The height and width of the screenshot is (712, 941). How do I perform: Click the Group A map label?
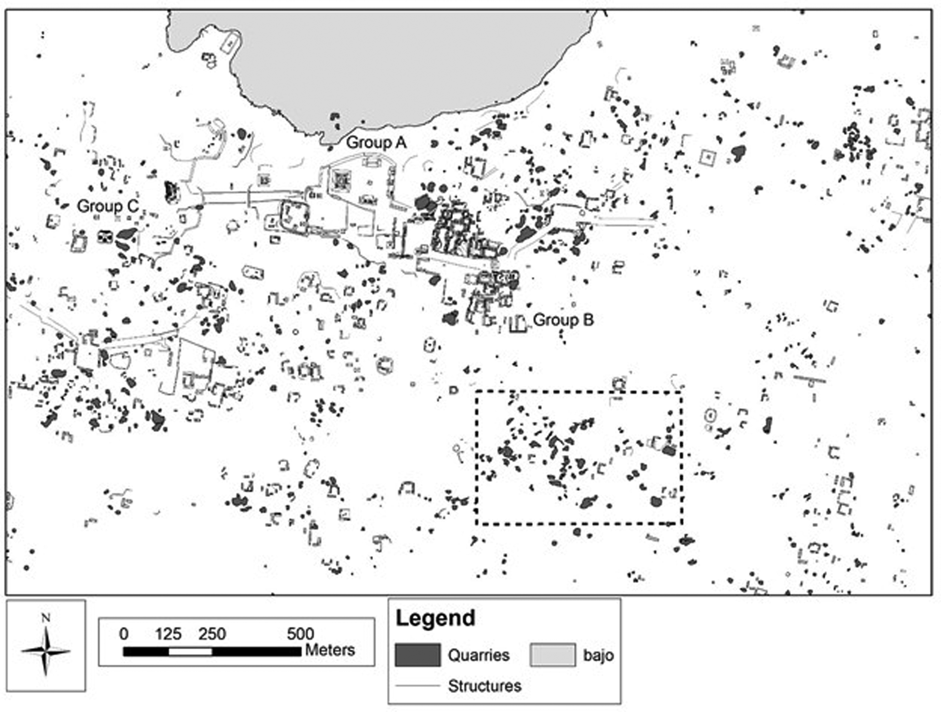[376, 142]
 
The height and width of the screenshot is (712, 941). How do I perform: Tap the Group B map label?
[563, 320]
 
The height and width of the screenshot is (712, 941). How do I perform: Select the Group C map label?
[108, 206]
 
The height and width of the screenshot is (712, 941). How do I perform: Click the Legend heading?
[435, 618]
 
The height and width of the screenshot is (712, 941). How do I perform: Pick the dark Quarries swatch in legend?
[417, 655]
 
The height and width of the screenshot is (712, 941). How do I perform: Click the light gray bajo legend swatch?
[553, 655]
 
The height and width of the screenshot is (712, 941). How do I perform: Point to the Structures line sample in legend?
[417, 686]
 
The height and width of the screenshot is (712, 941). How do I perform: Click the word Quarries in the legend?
[478, 655]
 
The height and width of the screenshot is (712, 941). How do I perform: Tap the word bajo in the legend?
[598, 655]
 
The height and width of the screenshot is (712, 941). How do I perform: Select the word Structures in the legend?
[484, 686]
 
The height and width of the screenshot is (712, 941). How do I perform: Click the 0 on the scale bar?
[124, 634]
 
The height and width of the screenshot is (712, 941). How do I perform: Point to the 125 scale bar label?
[168, 634]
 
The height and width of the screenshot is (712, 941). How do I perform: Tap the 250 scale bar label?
[212, 634]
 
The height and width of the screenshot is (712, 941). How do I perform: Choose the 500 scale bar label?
[300, 634]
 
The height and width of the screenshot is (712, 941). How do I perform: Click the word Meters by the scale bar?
[330, 650]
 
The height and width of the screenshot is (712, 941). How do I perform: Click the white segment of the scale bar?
[190, 652]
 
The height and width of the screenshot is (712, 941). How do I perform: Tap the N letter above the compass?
[45, 618]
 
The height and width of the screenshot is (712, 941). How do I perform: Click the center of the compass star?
[45, 651]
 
